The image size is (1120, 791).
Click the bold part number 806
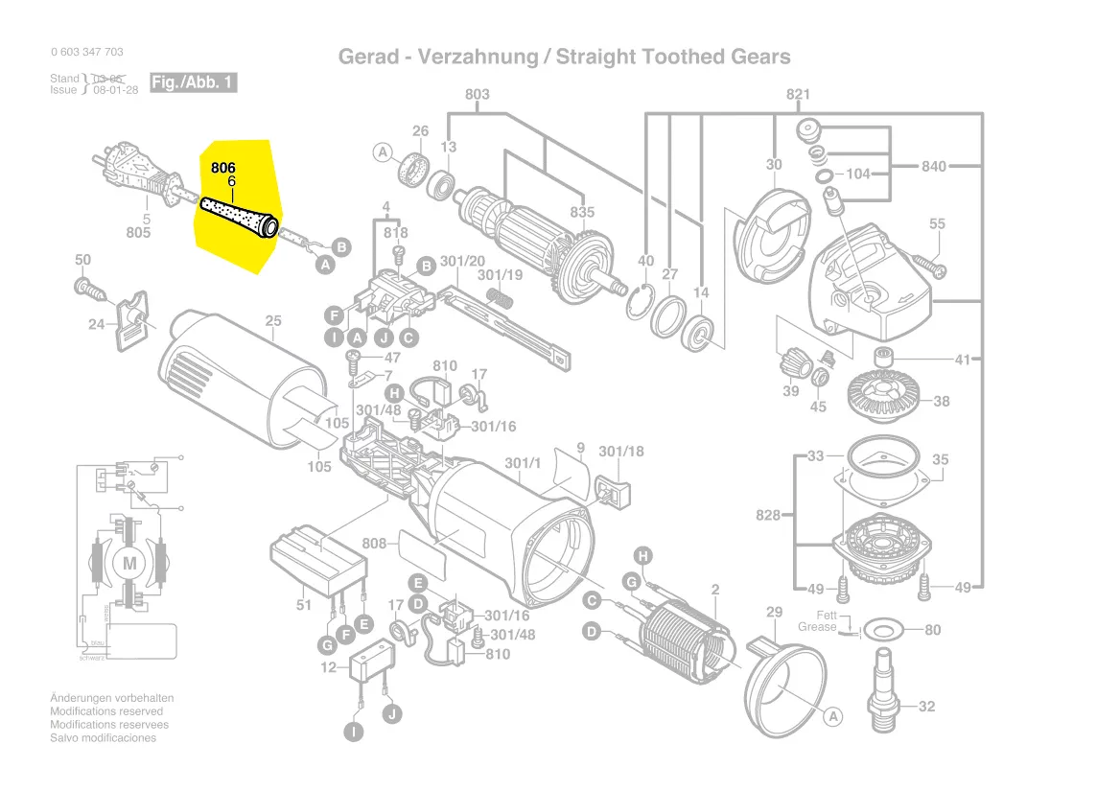coord(222,167)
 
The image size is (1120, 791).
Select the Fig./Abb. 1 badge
coord(193,82)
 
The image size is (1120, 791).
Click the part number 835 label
coord(582,213)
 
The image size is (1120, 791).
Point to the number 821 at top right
coord(798,94)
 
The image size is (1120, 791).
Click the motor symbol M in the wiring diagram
coord(129,563)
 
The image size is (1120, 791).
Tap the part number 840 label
coord(933,167)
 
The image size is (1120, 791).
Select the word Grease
coord(817,627)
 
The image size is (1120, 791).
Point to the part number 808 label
coord(374,544)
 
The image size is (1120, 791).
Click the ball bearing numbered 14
coord(700,331)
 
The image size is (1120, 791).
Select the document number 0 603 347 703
coord(86,52)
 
